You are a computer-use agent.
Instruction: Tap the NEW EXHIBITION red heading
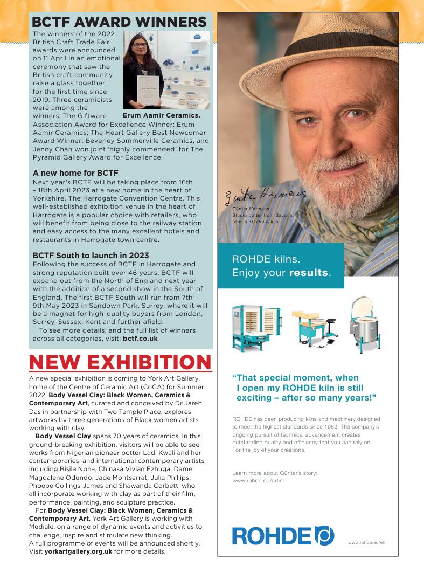point(120,362)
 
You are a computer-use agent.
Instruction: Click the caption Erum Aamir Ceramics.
point(161,115)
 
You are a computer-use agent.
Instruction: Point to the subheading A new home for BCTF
point(75,173)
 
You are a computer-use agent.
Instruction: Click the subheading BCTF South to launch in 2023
point(91,255)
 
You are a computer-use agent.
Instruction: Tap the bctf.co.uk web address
point(140,339)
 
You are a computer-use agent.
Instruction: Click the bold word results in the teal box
point(308,273)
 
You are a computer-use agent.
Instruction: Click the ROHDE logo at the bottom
point(283,535)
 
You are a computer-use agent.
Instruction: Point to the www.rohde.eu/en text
point(366,542)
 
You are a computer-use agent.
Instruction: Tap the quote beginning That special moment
point(303,388)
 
